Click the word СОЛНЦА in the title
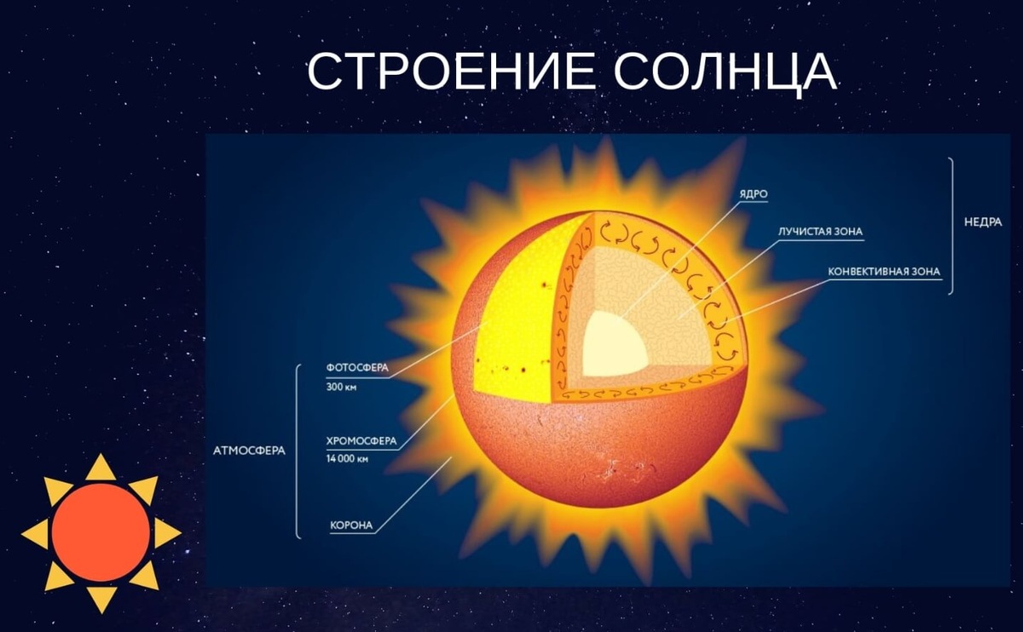725,73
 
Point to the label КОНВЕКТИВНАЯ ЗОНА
884,273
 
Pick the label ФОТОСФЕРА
356,368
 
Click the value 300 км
344,387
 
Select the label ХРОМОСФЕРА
361,441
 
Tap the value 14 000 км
347,459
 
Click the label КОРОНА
351,525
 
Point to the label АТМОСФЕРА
248,450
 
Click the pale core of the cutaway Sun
612,347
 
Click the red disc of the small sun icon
101,532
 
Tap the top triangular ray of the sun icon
101,467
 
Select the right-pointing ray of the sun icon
167,533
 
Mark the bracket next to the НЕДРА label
951,226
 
